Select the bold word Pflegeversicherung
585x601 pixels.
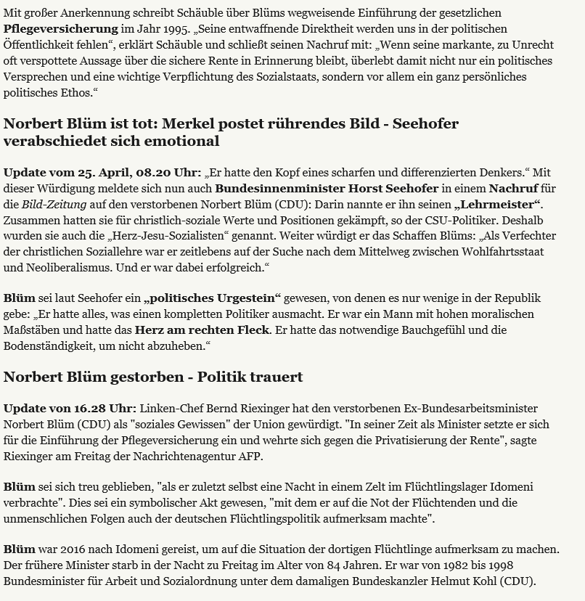[x=60, y=29]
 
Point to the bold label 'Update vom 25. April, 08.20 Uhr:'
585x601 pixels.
[x=102, y=173]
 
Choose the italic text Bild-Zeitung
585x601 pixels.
[x=55, y=205]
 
